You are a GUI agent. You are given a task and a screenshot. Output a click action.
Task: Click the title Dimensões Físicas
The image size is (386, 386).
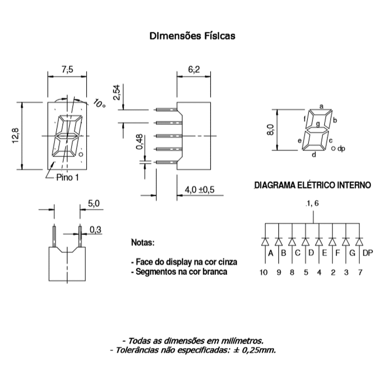coord(192,36)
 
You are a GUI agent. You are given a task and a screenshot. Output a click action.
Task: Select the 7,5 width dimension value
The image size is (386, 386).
coord(67,69)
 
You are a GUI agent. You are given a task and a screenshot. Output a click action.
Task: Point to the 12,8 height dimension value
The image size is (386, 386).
coord(15,136)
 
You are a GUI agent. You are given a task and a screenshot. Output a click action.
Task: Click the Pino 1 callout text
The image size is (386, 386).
coord(67,177)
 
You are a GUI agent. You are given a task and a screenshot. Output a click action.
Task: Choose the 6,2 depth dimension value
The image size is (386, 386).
coord(194,69)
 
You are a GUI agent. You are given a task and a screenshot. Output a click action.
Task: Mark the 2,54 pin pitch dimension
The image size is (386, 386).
coord(117,92)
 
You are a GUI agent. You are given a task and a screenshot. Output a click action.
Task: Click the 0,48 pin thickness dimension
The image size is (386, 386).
coord(139,142)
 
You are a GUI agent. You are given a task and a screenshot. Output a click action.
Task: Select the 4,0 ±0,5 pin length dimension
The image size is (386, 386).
coord(199,190)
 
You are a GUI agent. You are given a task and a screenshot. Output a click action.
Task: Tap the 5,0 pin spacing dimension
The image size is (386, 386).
coord(94,204)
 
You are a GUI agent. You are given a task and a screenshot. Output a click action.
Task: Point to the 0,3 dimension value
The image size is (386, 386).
coord(95,230)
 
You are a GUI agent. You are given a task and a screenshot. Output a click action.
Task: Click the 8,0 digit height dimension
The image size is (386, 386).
coord(270,130)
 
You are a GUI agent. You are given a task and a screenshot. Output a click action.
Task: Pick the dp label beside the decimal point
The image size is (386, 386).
coord(341,148)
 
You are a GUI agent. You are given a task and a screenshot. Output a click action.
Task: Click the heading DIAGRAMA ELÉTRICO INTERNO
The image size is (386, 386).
coord(313,185)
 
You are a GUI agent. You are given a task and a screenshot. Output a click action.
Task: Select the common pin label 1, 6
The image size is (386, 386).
coord(312,203)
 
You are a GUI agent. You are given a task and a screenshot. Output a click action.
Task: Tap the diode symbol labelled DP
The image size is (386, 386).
coord(359,242)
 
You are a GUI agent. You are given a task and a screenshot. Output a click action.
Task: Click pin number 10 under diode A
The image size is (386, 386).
coord(263,272)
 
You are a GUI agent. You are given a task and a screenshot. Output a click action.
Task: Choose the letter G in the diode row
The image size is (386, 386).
coord(352,253)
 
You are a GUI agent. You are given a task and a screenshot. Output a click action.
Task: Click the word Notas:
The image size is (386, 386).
coord(143,242)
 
